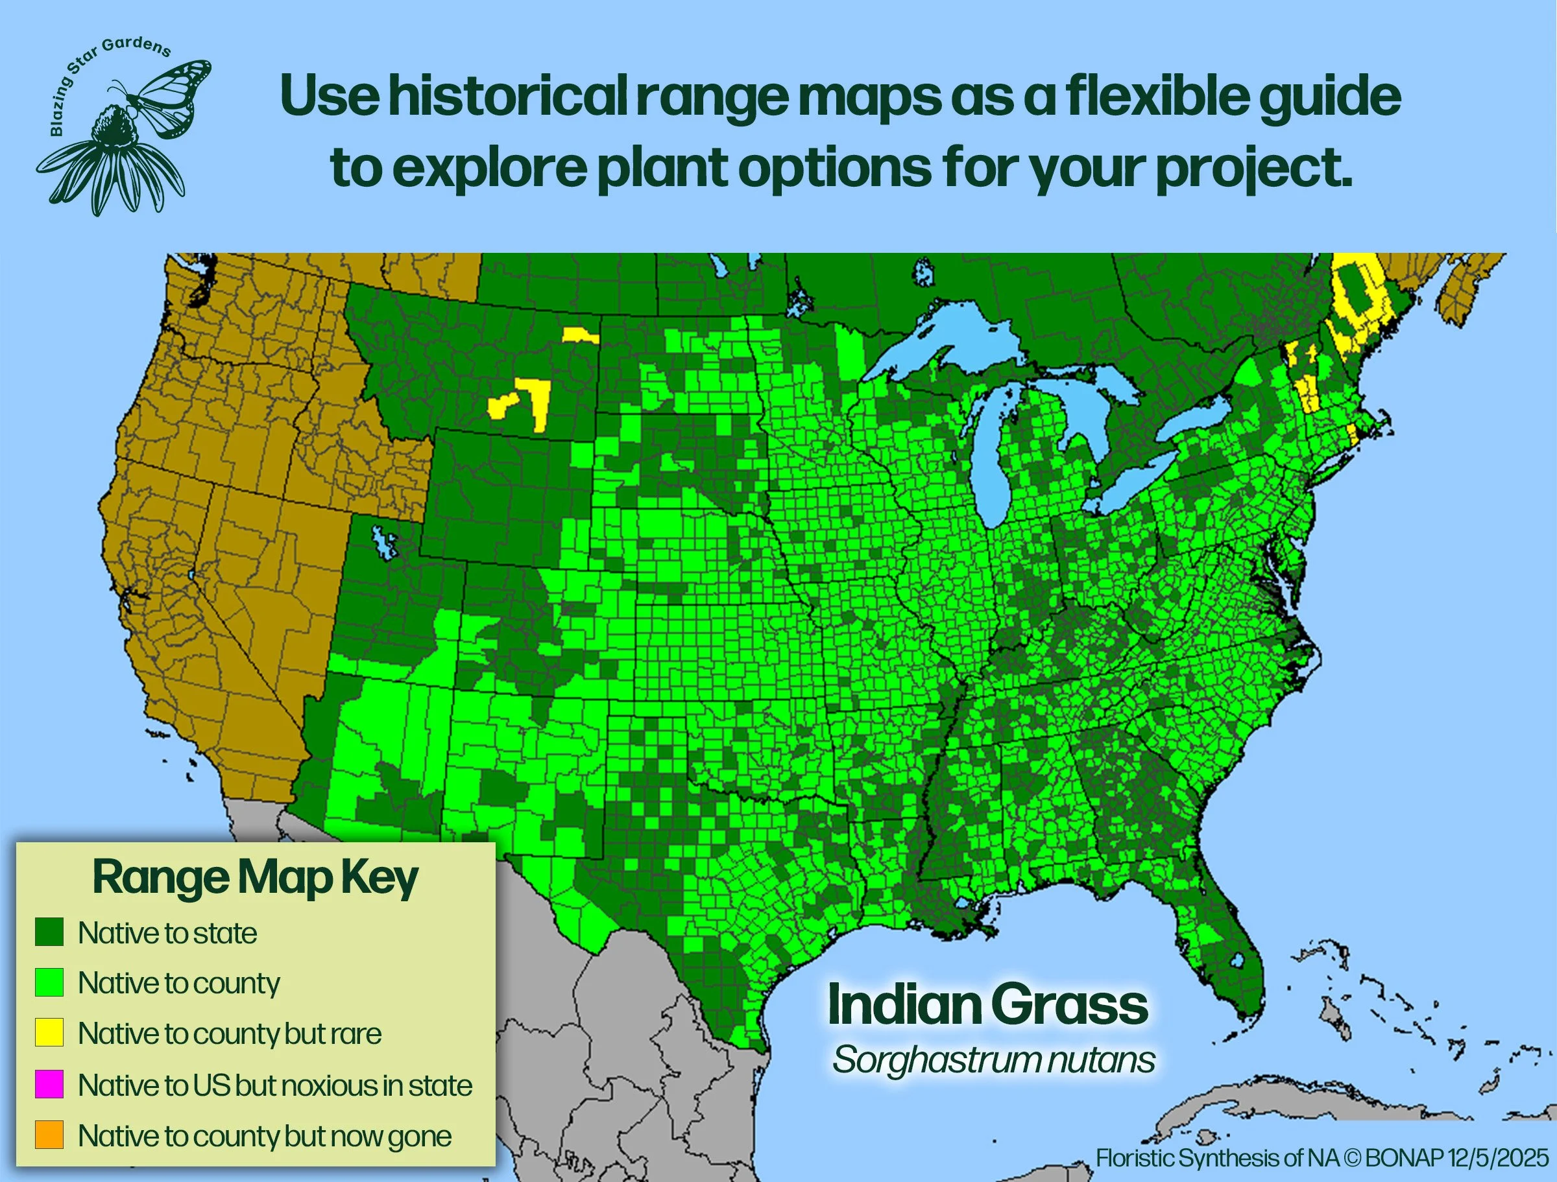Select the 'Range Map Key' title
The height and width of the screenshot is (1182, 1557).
(x=255, y=877)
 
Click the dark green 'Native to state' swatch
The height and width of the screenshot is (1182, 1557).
(x=49, y=932)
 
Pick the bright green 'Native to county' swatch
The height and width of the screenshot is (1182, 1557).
(x=49, y=982)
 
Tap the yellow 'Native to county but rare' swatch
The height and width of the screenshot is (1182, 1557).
(x=49, y=1032)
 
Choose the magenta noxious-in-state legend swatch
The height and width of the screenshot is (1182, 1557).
(x=49, y=1084)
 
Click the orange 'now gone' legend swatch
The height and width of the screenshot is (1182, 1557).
(x=49, y=1135)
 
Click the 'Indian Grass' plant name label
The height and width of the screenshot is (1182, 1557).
(x=987, y=1005)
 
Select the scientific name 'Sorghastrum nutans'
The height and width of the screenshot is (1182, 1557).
(x=993, y=1059)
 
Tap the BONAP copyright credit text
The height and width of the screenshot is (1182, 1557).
(x=1322, y=1158)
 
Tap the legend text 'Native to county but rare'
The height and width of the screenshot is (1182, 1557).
(x=230, y=1034)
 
